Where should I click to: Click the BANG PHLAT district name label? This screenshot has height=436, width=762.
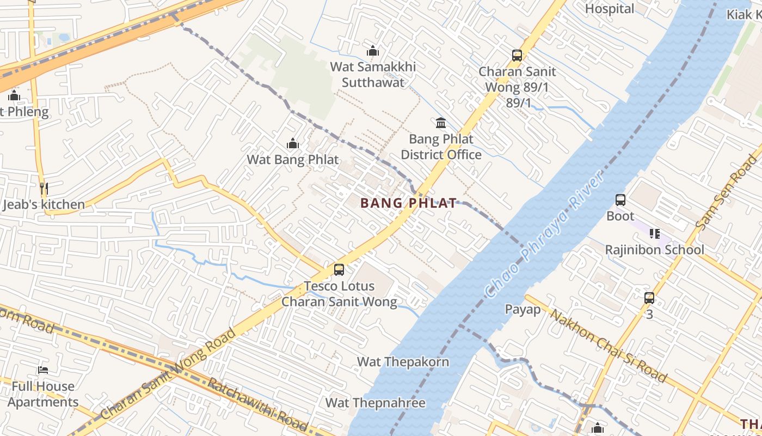point(408,203)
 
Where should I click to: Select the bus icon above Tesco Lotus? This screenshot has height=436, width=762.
point(339,269)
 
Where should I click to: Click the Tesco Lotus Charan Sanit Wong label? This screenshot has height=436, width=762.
point(339,294)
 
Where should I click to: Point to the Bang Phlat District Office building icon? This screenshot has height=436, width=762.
point(441,123)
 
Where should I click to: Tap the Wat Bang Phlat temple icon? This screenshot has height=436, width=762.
point(293,144)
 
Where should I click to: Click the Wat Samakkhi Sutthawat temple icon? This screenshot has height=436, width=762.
point(373,51)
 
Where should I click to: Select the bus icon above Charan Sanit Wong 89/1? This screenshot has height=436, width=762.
point(517,56)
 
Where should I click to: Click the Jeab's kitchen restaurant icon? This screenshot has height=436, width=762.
point(44,189)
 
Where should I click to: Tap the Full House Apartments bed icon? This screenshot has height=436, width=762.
point(43,370)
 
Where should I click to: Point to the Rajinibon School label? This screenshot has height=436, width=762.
point(655,250)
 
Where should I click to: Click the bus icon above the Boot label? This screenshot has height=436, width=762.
point(620,200)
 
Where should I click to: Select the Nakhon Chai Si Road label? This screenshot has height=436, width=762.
point(609,345)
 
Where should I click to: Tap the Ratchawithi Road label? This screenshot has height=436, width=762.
point(258,404)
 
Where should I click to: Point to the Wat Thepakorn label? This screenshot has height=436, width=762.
point(403,362)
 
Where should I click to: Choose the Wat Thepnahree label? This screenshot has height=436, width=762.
point(375,403)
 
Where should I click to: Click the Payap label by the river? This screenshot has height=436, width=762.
point(523,310)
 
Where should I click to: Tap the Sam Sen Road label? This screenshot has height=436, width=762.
point(727,192)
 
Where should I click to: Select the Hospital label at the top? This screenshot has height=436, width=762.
point(610,9)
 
